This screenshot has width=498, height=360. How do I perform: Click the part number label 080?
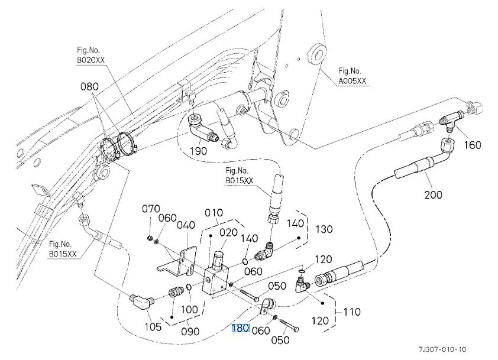(90, 87)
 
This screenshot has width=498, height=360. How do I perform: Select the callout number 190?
(199, 151)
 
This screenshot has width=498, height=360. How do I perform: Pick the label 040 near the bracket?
(186, 225)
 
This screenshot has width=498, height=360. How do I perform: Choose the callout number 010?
(214, 213)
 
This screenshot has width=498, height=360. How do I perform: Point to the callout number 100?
(189, 310)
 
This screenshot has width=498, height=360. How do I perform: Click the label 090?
(190, 331)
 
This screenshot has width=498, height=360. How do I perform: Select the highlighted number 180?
(240, 329)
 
